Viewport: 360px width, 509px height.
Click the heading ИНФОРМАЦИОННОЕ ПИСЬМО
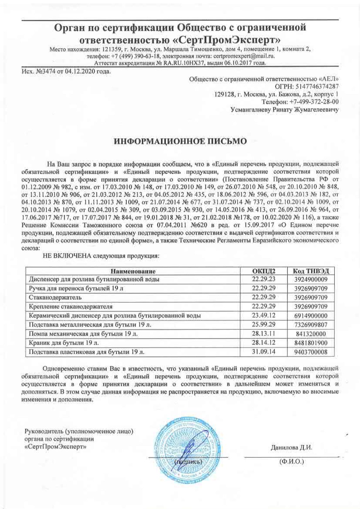(180, 141)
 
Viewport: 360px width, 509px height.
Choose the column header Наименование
(133, 271)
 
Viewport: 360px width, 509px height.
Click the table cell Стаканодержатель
(55, 297)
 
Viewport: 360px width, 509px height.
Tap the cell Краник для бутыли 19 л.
(66, 343)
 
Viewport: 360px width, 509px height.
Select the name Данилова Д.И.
(291, 448)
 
